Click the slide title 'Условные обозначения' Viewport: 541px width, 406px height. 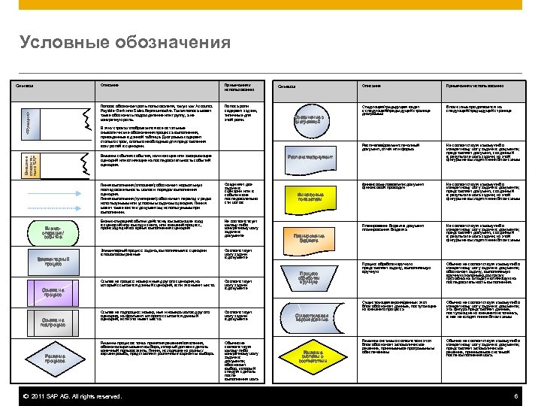[x=125, y=41]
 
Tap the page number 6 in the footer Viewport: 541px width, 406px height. [x=516, y=396]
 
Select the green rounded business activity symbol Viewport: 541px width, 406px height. [x=49, y=230]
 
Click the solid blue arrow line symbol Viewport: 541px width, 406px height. [x=47, y=189]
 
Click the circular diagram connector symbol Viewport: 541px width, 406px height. [x=313, y=119]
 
